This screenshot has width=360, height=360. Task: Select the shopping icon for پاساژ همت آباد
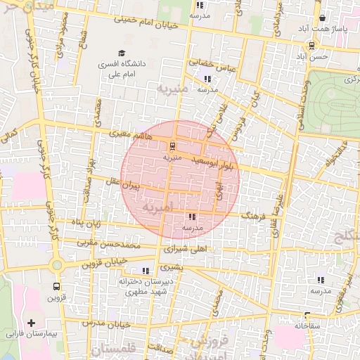point(323,19)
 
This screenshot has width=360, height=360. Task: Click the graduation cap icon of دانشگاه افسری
point(121,53)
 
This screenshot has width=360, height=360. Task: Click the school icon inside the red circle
point(192,217)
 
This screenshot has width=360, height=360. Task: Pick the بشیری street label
point(172,267)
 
